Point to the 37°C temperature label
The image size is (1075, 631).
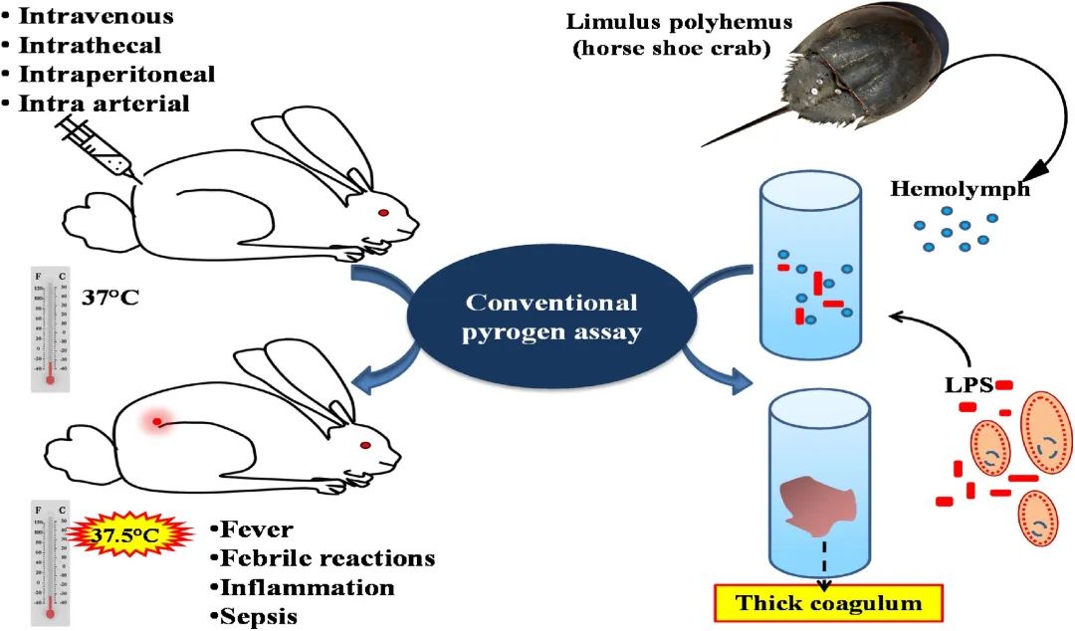pyautogui.click(x=115, y=295)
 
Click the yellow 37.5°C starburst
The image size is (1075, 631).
pyautogui.click(x=124, y=535)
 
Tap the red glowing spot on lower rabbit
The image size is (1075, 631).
pyautogui.click(x=155, y=423)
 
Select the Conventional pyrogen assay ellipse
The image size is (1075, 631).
pyautogui.click(x=552, y=317)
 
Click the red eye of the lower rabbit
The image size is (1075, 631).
pyautogui.click(x=365, y=444)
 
